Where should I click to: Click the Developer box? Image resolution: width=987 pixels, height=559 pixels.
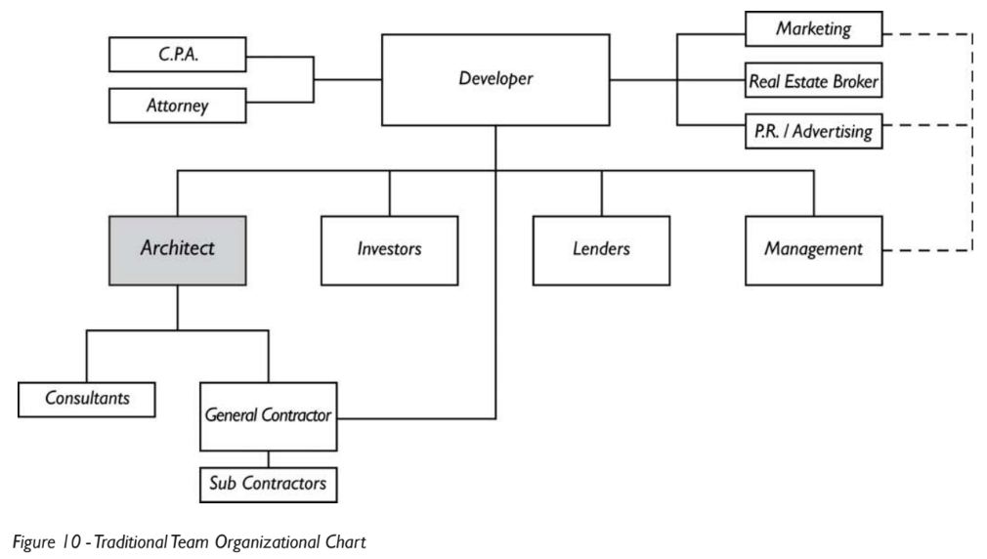495,80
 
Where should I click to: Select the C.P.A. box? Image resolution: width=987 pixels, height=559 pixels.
178,55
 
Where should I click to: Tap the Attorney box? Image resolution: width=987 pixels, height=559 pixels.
178,106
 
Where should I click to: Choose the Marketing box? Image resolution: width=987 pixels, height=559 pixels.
813,29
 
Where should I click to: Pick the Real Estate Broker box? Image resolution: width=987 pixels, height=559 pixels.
813,81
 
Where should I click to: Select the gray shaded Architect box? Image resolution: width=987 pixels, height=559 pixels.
177,248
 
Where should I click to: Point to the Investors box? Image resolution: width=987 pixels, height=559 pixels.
389,249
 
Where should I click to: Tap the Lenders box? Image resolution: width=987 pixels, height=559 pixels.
601,249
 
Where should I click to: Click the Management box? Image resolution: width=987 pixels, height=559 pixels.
813,249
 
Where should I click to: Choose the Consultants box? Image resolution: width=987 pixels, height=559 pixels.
88,398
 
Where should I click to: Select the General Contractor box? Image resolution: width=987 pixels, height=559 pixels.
269,415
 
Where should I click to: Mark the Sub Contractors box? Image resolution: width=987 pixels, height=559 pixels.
269,482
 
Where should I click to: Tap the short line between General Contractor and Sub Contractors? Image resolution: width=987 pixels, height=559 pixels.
269,457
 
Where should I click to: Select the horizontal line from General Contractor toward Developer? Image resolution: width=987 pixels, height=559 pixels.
415,418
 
